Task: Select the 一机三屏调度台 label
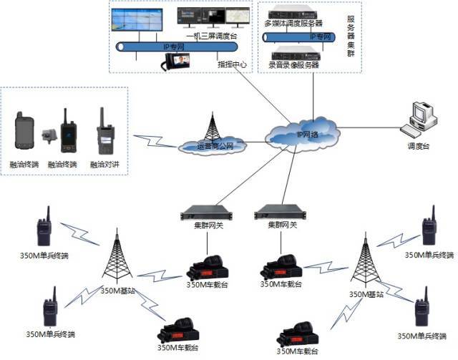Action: pos(212,35)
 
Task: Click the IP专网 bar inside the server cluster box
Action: pos(301,36)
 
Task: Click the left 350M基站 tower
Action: pos(116,255)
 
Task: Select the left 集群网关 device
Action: pos(203,213)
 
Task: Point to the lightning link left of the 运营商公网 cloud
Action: pos(154,141)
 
